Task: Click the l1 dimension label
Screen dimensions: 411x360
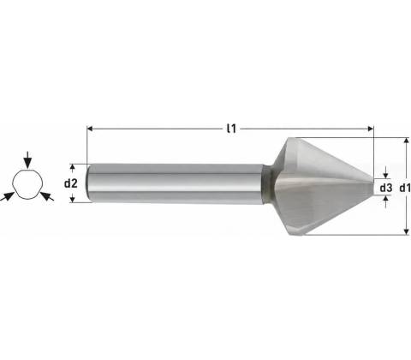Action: tap(231, 129)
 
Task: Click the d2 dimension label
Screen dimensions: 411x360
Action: tap(70, 183)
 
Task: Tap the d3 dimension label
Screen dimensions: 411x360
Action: tap(386, 188)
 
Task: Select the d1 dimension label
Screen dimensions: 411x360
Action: tap(405, 188)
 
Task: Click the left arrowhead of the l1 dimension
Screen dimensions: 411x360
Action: tap(90, 129)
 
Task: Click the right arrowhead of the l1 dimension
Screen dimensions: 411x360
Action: tap(371, 129)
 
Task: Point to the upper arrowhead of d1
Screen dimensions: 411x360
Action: tap(406, 141)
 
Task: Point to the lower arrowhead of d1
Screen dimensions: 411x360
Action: tap(406, 231)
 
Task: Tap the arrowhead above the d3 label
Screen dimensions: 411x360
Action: tap(386, 176)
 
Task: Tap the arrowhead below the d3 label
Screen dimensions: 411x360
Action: tap(386, 199)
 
